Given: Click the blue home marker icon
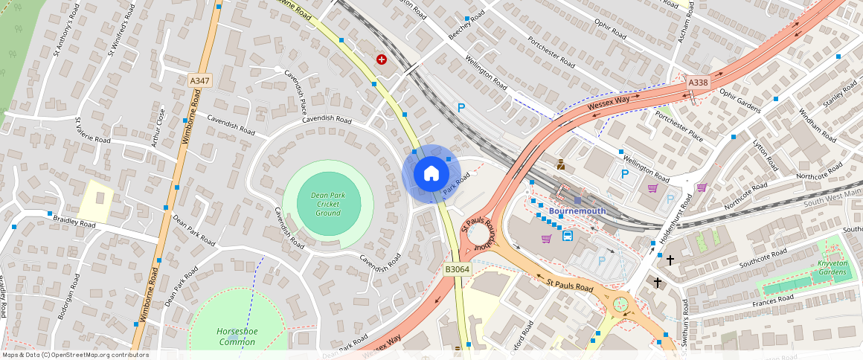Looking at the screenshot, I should (431, 174).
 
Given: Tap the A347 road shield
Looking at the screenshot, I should (199, 80).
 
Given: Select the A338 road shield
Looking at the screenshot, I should (698, 83).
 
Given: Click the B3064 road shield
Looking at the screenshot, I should (457, 269).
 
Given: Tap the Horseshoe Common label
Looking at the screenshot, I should (236, 336).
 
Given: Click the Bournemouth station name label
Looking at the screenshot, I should (577, 210).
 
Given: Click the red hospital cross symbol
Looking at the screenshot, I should (382, 59).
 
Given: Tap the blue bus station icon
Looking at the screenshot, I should (568, 236).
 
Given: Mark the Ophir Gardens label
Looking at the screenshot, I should (740, 100).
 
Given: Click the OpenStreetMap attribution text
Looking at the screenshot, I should (76, 355).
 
